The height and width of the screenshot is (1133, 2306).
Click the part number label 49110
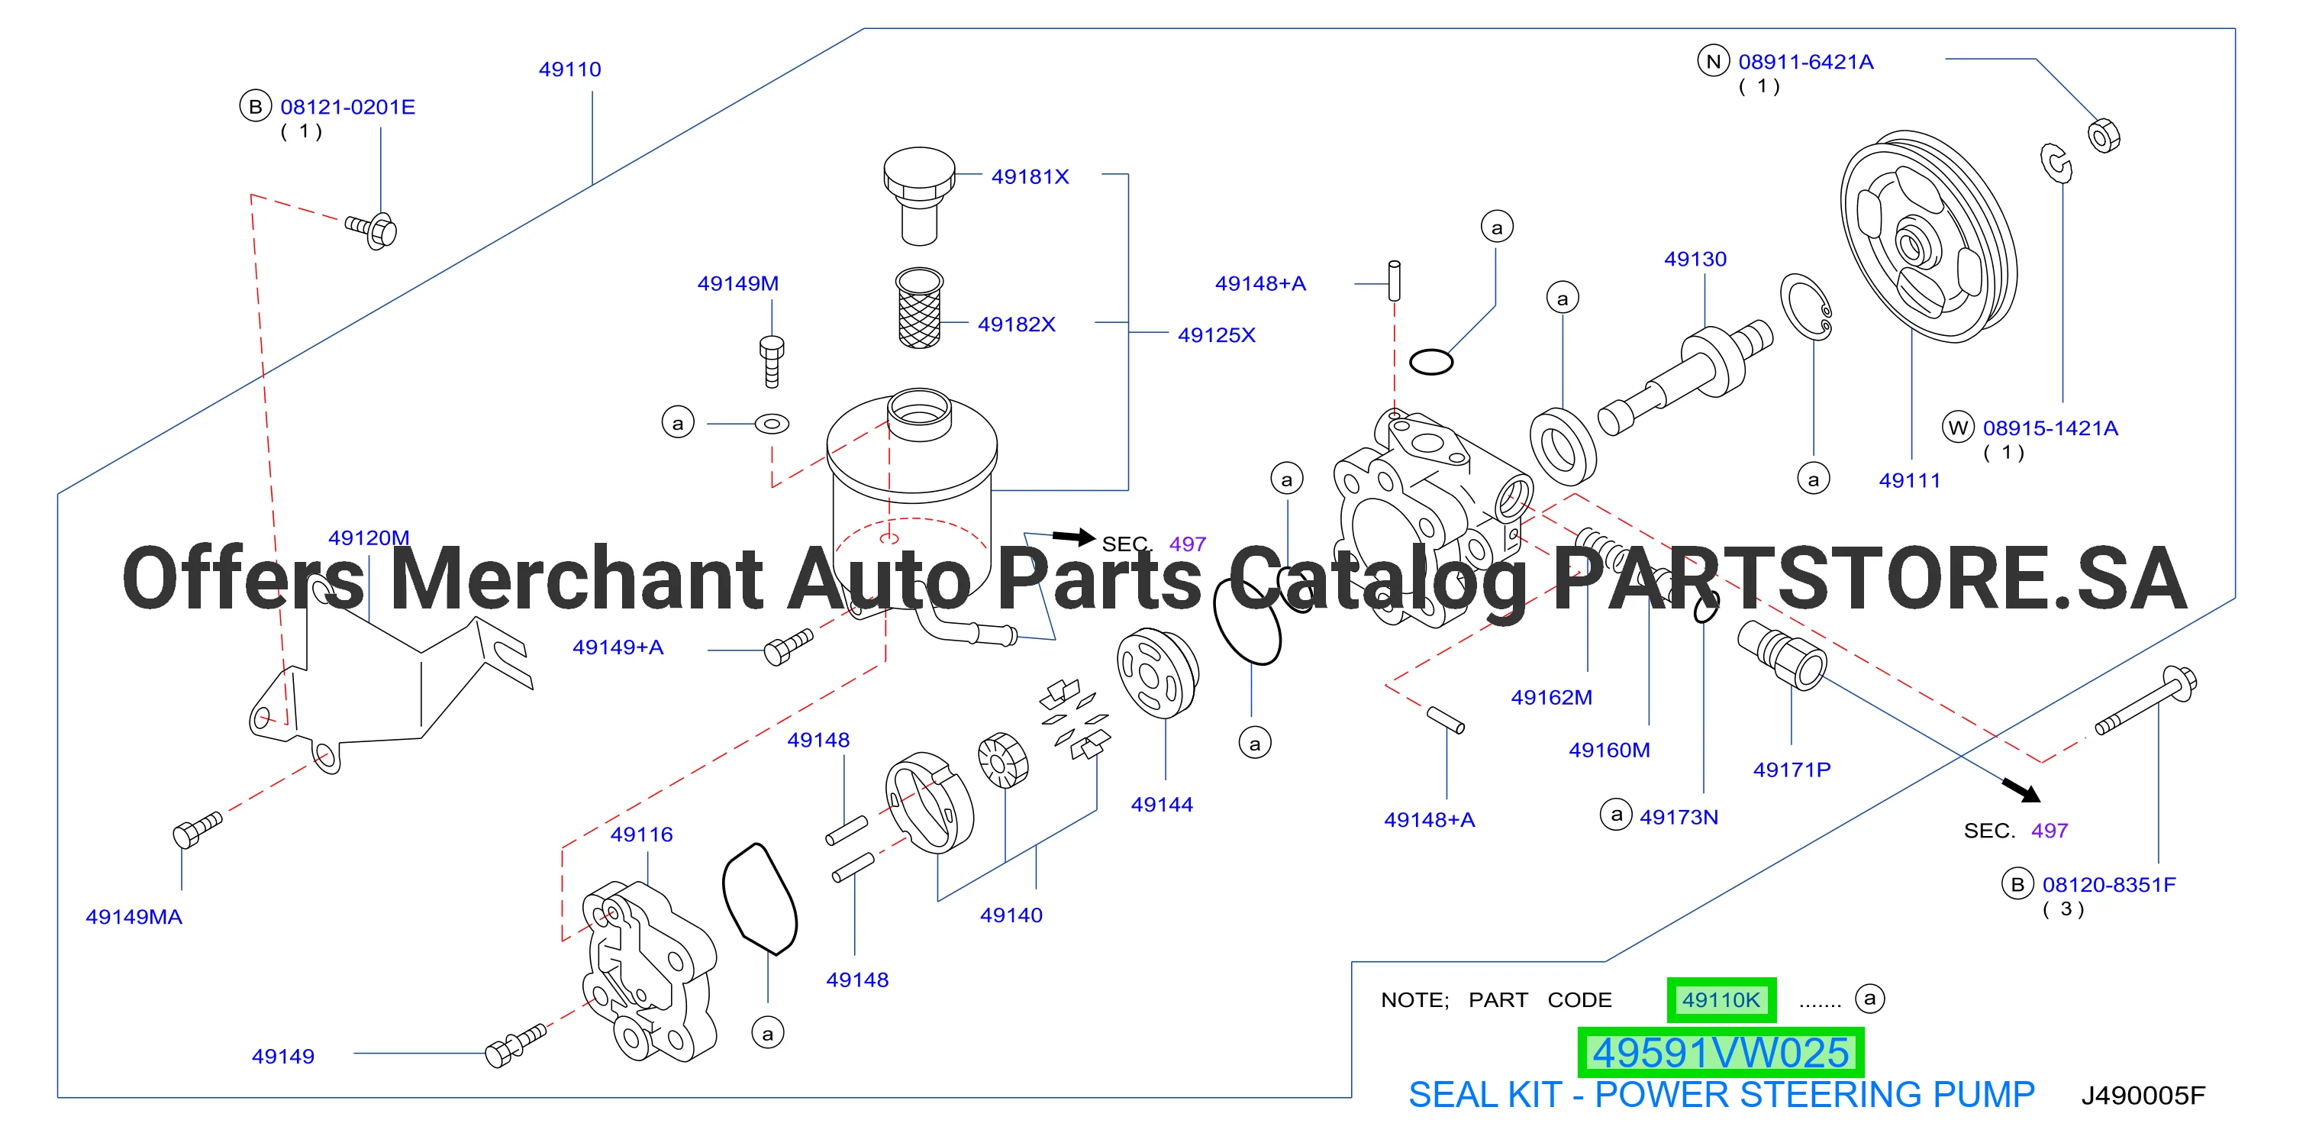(x=569, y=69)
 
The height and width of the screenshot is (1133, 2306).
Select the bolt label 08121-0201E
(x=347, y=107)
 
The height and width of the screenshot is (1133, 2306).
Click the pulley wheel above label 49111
(x=1928, y=237)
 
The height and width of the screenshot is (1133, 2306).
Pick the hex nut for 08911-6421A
(x=2104, y=135)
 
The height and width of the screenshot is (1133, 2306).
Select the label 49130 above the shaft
(x=1695, y=259)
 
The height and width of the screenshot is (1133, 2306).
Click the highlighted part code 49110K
(x=1721, y=999)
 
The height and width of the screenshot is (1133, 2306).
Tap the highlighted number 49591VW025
(x=1721, y=1052)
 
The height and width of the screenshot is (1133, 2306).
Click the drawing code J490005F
(x=2143, y=1096)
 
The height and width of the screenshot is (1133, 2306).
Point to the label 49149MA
(x=134, y=916)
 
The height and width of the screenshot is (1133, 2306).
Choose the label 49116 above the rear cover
(x=641, y=834)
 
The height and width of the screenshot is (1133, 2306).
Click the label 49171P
(x=1792, y=770)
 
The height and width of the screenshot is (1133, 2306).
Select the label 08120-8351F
(x=2108, y=884)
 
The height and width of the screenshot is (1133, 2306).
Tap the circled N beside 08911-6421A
(x=1714, y=61)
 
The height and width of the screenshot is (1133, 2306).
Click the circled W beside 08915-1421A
(x=1958, y=428)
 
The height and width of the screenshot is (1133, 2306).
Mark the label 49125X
(x=1217, y=335)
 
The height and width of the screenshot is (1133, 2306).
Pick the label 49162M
(x=1551, y=697)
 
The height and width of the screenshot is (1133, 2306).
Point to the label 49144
(x=1161, y=804)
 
